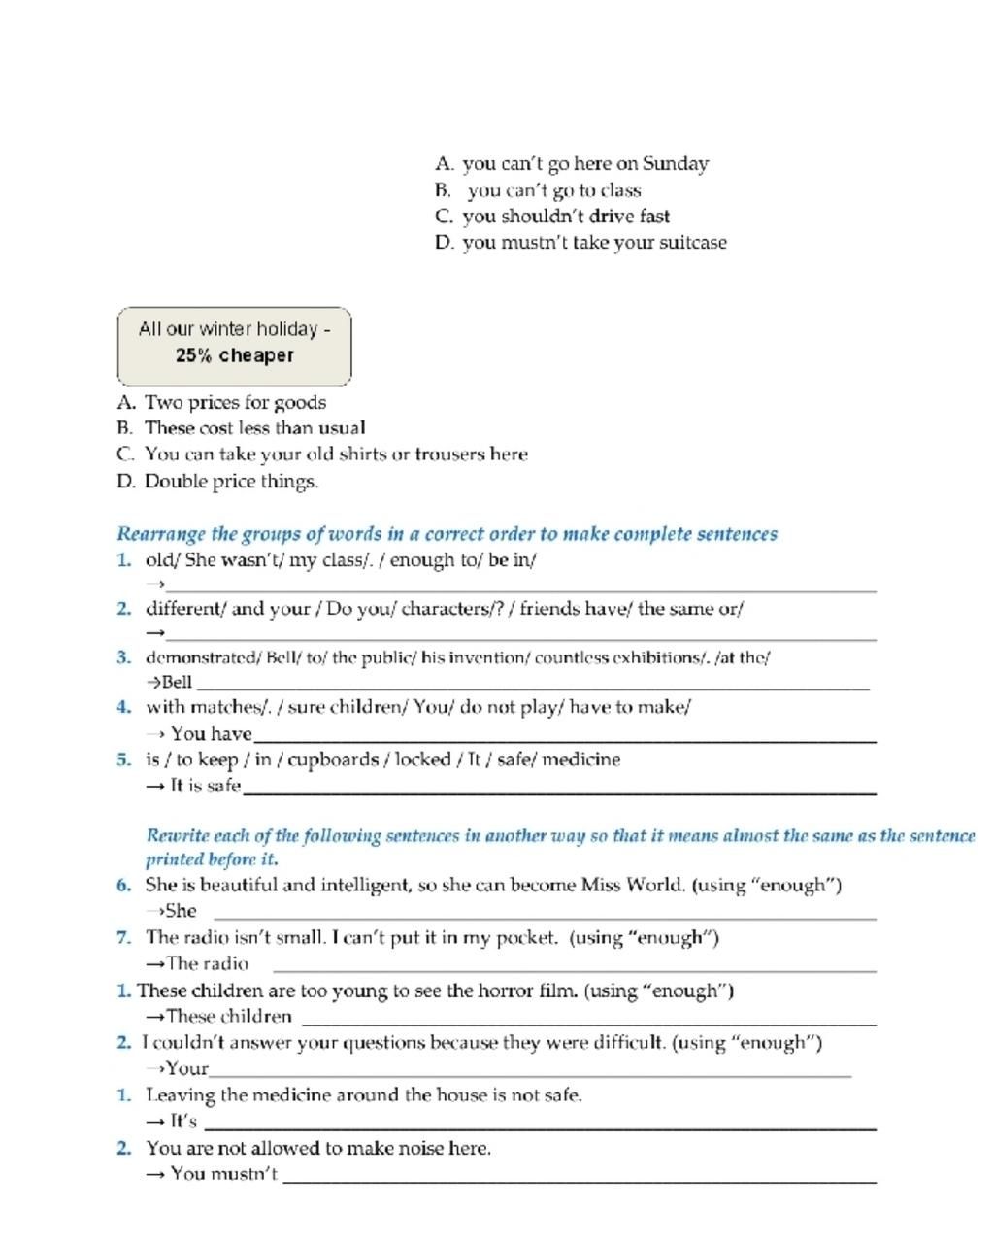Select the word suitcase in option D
click(693, 243)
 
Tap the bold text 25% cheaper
click(234, 355)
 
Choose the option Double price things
click(231, 482)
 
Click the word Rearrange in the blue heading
click(161, 534)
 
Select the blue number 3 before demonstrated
click(123, 657)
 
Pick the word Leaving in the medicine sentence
click(181, 1095)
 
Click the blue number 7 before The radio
click(123, 938)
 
